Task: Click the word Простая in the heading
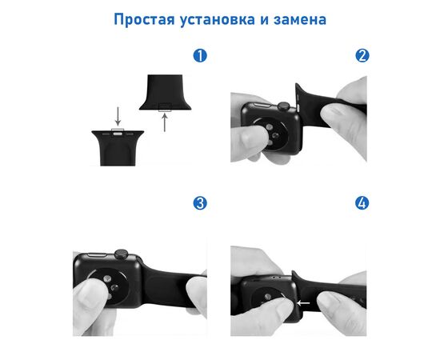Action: tap(144, 19)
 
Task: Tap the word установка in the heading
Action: tap(218, 19)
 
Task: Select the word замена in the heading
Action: tap(300, 19)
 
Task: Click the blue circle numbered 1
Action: tap(200, 55)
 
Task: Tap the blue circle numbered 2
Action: tap(362, 55)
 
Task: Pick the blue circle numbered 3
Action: tap(200, 203)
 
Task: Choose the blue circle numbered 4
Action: tap(362, 203)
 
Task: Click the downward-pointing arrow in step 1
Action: tap(118, 116)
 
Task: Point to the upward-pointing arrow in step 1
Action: tap(165, 122)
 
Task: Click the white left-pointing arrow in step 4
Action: tap(303, 303)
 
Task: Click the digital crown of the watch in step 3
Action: tap(122, 254)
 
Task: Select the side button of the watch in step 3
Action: tap(97, 254)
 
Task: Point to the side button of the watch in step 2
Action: tap(262, 105)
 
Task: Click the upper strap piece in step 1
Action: tap(165, 92)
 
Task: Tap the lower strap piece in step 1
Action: tap(118, 148)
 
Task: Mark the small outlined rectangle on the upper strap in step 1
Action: tap(165, 107)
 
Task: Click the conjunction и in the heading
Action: tap(264, 20)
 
